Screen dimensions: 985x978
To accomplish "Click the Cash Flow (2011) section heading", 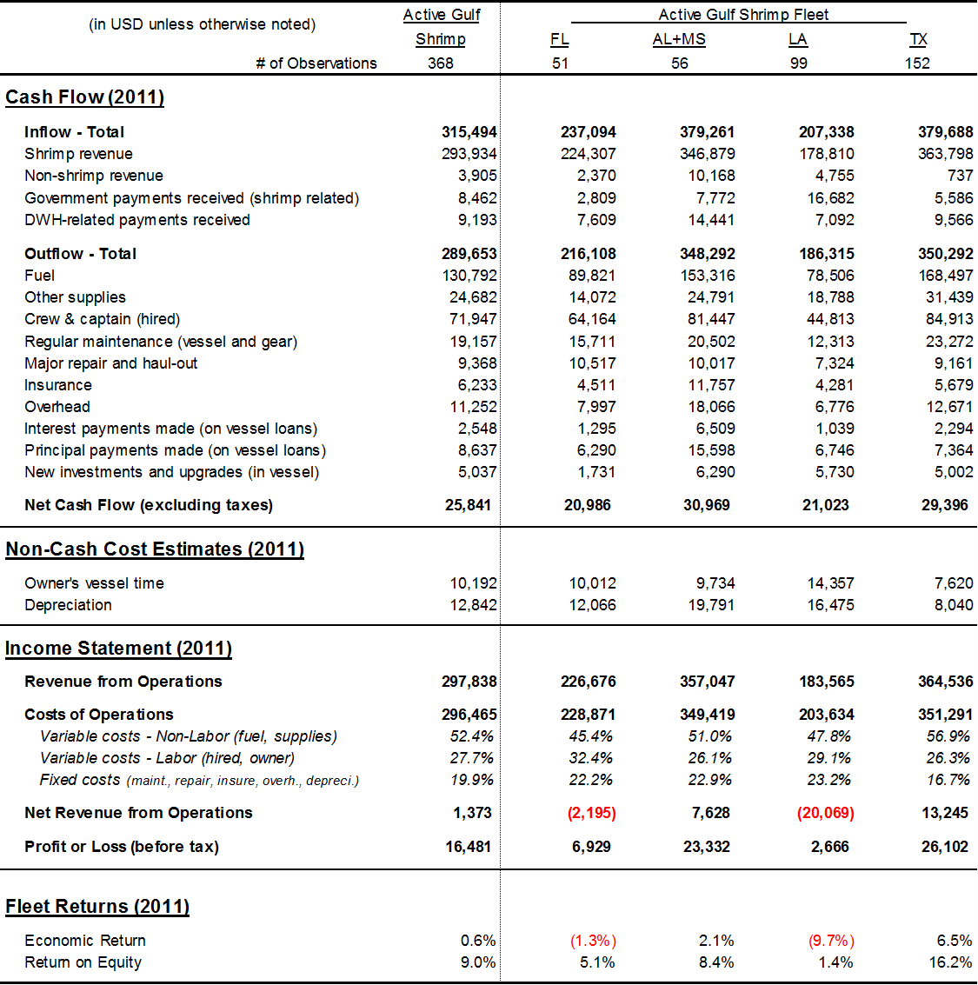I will tap(84, 97).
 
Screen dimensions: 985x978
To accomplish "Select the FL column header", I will tap(560, 39).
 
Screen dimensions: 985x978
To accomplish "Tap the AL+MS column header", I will tap(679, 39).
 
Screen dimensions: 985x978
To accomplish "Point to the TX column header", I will tap(918, 39).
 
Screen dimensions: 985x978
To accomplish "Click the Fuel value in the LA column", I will tap(829, 276).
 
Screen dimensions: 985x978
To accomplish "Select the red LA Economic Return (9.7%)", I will tap(831, 941).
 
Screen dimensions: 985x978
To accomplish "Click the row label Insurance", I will tap(58, 385).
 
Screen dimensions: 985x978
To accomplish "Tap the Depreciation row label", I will tap(68, 605).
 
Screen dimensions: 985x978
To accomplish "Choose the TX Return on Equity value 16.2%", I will tap(950, 962).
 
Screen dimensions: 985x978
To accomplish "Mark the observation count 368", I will tap(441, 63).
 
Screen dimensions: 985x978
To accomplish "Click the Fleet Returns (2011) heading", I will tap(97, 907).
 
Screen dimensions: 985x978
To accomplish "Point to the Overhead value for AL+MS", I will tap(711, 407).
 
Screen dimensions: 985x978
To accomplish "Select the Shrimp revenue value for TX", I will tap(946, 154).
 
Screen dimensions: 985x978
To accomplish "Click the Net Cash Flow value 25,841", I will tap(468, 505).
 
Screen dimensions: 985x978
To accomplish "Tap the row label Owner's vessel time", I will tap(94, 583).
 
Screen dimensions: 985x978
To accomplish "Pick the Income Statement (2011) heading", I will tap(118, 649).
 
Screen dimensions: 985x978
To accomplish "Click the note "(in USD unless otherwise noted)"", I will tap(203, 24).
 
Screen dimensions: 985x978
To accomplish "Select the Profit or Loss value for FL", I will tap(591, 847).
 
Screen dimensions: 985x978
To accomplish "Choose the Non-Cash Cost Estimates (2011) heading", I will tap(155, 549).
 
